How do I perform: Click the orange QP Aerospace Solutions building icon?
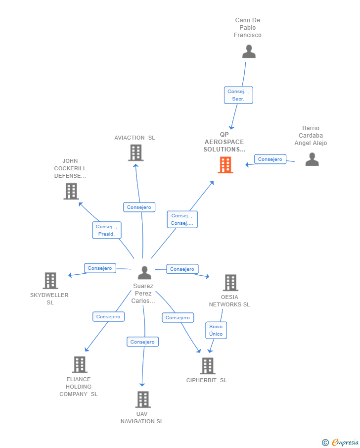(225, 165)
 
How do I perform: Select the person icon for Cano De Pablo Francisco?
(249, 51)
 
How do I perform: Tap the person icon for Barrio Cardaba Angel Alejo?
(312, 159)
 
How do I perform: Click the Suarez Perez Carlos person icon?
(144, 272)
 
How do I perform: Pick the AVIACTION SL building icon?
(135, 153)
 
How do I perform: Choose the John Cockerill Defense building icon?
(71, 191)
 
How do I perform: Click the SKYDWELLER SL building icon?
(50, 281)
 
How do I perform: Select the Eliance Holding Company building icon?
(79, 364)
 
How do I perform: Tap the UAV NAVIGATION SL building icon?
(142, 399)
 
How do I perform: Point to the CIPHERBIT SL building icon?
(207, 366)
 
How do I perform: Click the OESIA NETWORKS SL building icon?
(230, 283)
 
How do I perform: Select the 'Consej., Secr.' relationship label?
(238, 95)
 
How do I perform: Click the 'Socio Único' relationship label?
(216, 330)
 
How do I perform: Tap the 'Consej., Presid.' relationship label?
(106, 230)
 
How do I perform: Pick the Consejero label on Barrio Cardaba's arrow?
(270, 159)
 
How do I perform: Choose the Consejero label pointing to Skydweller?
(100, 268)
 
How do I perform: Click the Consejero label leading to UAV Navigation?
(143, 342)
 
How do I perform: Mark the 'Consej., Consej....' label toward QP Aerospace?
(182, 219)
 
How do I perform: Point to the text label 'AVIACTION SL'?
(135, 138)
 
